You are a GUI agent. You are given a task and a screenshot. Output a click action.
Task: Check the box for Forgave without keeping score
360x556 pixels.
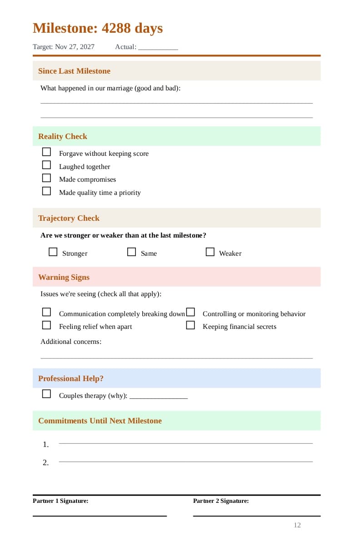tap(46, 152)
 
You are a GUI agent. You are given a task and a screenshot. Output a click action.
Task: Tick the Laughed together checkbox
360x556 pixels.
tap(46, 165)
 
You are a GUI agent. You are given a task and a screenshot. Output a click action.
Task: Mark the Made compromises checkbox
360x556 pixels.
tap(46, 178)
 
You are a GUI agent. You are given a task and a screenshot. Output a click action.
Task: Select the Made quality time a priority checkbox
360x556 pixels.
tap(46, 191)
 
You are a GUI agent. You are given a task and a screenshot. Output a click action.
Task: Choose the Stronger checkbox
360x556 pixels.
tap(53, 252)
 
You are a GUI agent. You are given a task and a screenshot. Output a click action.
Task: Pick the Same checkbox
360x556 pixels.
tap(131, 252)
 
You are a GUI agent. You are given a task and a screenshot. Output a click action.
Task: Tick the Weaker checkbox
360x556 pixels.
tap(210, 252)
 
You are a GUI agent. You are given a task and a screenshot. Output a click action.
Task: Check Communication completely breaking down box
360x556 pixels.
tap(46, 312)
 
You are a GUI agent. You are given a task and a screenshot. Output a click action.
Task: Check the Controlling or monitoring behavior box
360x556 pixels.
tap(190, 312)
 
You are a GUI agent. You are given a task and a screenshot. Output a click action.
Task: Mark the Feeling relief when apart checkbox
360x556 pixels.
tap(46, 325)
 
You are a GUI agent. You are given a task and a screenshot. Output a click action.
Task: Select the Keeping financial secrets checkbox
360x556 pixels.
tap(190, 325)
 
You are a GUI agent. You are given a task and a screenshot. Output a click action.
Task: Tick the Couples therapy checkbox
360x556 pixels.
tap(46, 394)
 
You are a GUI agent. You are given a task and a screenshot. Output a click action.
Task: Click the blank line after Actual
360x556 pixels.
tap(158, 47)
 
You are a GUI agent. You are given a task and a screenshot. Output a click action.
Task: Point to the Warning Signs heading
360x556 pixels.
tap(64, 277)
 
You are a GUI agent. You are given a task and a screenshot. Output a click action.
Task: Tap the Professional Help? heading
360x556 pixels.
tap(71, 378)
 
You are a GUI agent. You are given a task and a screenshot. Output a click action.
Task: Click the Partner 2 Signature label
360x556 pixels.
tap(221, 501)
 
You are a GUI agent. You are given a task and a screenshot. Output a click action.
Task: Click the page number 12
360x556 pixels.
tap(297, 525)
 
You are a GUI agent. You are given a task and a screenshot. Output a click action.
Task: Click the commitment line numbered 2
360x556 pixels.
tap(185, 462)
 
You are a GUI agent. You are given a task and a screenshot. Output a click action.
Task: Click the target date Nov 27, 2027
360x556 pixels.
tap(75, 47)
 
